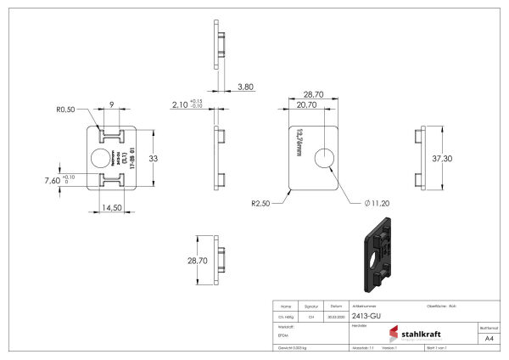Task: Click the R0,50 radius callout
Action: click(67, 110)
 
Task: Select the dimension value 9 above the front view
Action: click(111, 104)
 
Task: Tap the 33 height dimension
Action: click(154, 158)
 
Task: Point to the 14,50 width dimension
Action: click(111, 206)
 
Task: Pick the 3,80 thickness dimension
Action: click(245, 87)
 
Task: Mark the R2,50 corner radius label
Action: click(260, 204)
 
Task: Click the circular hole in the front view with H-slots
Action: click(100, 158)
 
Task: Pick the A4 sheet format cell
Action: click(488, 338)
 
